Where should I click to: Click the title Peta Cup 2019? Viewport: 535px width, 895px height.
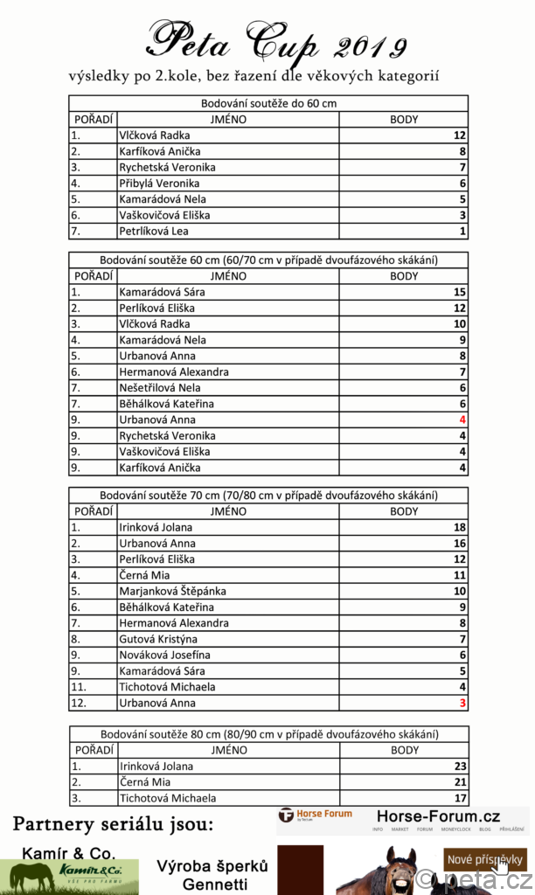(275, 42)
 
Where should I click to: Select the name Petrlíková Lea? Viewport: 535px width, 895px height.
(153, 232)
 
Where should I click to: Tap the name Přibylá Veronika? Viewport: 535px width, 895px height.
(159, 184)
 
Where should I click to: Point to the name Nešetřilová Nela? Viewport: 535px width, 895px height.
(160, 388)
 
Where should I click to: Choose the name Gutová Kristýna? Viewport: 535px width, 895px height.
(157, 640)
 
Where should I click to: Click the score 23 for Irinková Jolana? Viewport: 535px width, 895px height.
(460, 767)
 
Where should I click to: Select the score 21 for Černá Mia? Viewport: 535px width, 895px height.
(460, 782)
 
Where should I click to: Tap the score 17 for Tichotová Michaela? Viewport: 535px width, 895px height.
(460, 798)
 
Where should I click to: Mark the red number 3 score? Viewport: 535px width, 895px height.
(462, 704)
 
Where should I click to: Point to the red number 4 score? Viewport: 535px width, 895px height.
(462, 420)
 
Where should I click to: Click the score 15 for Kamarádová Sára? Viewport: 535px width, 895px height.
(460, 293)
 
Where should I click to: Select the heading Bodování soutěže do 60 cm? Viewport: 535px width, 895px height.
(268, 103)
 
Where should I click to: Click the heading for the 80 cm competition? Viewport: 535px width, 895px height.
(268, 734)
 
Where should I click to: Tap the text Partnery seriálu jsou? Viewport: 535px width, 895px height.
(113, 824)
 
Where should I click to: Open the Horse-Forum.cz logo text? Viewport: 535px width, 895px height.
(438, 816)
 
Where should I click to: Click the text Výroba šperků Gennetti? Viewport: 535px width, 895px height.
(212, 875)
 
